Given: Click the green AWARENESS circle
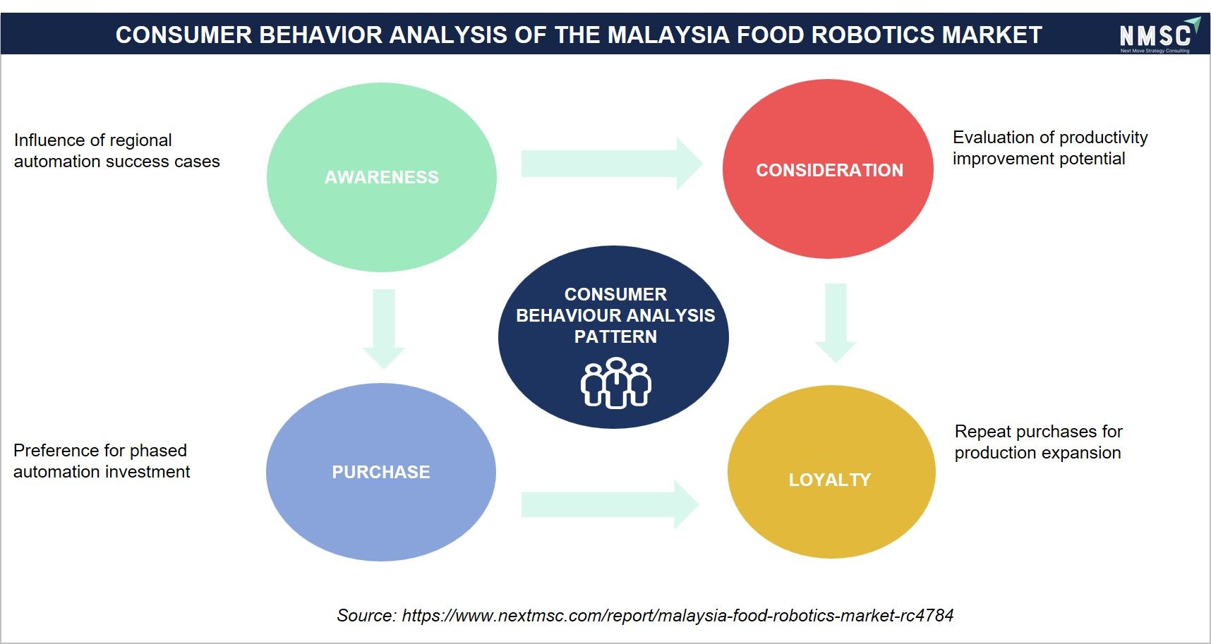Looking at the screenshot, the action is (x=382, y=177).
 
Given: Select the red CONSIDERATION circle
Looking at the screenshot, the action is (x=828, y=169).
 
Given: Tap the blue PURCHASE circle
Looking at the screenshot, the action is (x=381, y=472).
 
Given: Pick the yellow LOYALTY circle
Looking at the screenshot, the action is (x=831, y=472).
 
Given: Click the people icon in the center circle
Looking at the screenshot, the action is (x=616, y=382).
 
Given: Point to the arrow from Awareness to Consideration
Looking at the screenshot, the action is (x=612, y=164).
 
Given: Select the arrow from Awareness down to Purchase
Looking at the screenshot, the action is (x=383, y=329).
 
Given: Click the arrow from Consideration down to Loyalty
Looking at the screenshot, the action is (x=836, y=323).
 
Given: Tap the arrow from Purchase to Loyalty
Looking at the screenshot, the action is (x=610, y=504).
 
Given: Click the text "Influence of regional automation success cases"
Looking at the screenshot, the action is (x=117, y=151).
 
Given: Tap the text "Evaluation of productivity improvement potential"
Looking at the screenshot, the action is (x=1050, y=147).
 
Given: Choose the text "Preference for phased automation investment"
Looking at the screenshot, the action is (x=102, y=461).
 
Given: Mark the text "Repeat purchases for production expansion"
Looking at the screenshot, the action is (x=1038, y=442).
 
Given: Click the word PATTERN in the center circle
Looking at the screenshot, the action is (x=615, y=336).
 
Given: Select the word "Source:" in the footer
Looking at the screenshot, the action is (x=366, y=615).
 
